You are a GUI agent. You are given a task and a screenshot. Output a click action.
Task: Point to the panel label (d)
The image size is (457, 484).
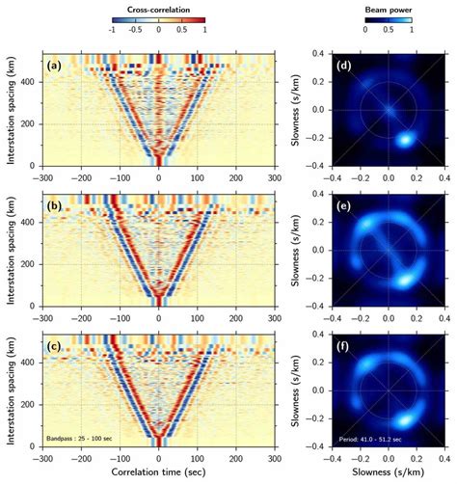click(x=343, y=66)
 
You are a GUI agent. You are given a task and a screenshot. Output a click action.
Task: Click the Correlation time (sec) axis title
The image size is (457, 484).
click(x=159, y=474)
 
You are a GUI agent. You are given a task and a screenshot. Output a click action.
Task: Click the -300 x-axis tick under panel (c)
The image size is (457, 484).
click(x=43, y=460)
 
